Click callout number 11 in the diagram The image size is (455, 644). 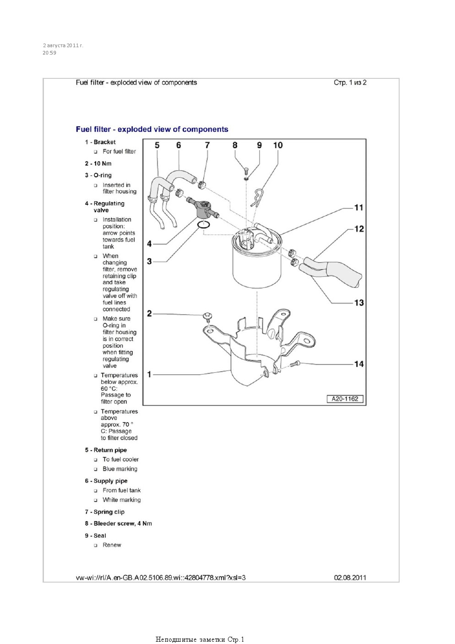pos(359,208)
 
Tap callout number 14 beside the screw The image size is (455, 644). pos(359,364)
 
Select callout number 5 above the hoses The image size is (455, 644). pos(157,145)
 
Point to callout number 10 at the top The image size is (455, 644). pos(278,145)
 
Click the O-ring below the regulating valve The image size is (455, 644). pos(204,225)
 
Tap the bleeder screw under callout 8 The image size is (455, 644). pos(246,172)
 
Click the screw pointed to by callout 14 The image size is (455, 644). pos(294,364)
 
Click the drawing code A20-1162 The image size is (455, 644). pos(345,399)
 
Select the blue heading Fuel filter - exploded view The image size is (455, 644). pos(152,129)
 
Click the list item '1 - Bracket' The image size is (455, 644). pos(100,142)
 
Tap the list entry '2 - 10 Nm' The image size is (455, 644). pos(98,163)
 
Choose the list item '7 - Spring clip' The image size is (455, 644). pos(104,512)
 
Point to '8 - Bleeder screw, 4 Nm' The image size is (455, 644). pos(118,523)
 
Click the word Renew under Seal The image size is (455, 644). pos(112,545)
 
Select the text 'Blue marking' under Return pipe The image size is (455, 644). pos(120,469)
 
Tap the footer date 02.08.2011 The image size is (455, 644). pos(350,578)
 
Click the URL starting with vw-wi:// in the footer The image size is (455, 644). pos(161,578)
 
